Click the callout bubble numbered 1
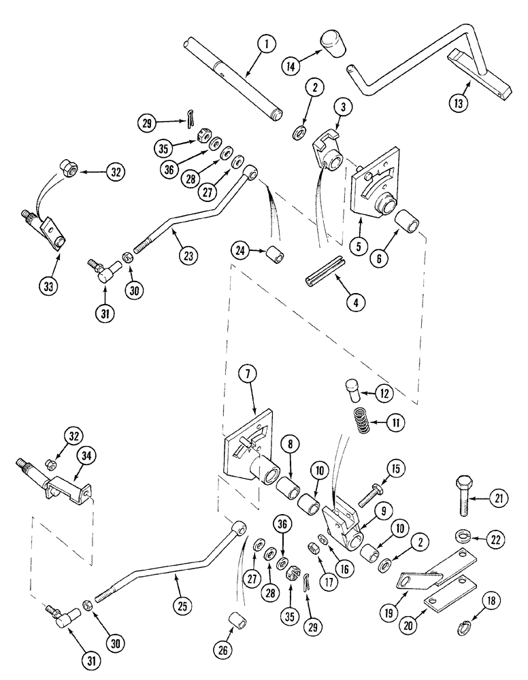pos(266,45)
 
